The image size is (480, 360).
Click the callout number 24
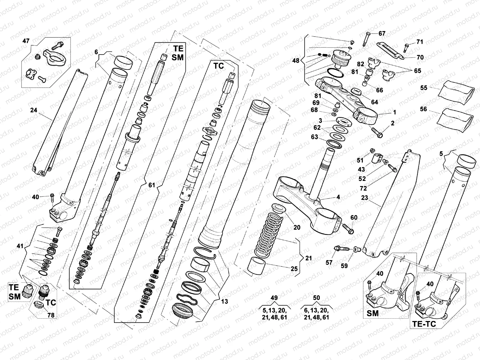tap(34, 110)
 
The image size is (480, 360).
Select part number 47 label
tap(26, 40)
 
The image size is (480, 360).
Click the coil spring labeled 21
tap(268, 234)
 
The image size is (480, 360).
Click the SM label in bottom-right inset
tap(373, 313)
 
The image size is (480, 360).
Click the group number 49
tap(274, 298)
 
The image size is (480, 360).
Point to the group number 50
tap(316, 298)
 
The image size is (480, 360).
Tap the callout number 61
tap(152, 185)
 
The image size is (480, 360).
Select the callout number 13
tap(224, 301)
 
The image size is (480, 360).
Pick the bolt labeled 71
tap(406, 46)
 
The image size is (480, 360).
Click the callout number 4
tap(338, 197)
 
